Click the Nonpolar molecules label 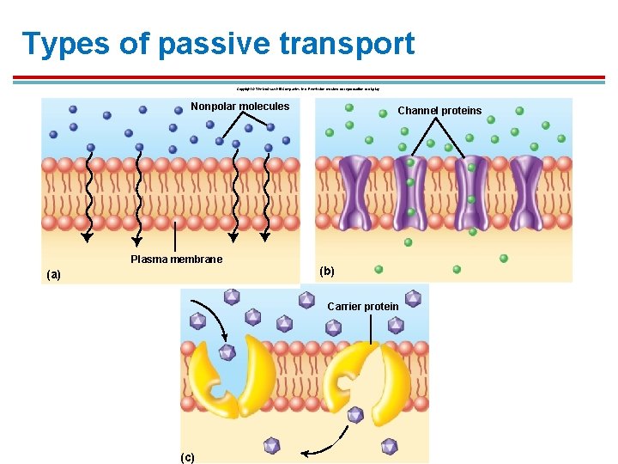[239, 107]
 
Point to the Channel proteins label [439, 111]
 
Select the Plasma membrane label [176, 259]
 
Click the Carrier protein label [363, 307]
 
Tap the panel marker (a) [54, 275]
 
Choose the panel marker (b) [327, 271]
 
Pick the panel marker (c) [187, 457]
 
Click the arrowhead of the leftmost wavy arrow [86, 239]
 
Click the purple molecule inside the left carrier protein [227, 352]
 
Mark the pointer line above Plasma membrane [176, 235]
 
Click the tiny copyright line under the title [308, 89]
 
